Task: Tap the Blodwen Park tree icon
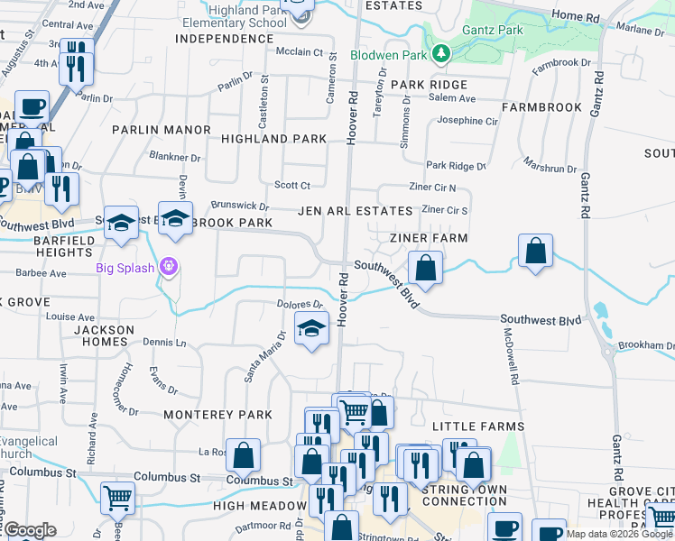pyautogui.click(x=440, y=54)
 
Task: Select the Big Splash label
pyautogui.click(x=125, y=267)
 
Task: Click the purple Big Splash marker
pyautogui.click(x=166, y=266)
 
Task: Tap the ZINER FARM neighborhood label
pyautogui.click(x=429, y=238)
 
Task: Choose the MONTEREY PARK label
pyautogui.click(x=217, y=415)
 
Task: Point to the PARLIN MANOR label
pyautogui.click(x=161, y=130)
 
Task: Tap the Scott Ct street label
pyautogui.click(x=292, y=186)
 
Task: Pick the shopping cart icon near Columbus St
pyautogui.click(x=117, y=497)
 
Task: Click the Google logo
pyautogui.click(x=31, y=530)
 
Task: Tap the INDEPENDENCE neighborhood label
pyautogui.click(x=223, y=39)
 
